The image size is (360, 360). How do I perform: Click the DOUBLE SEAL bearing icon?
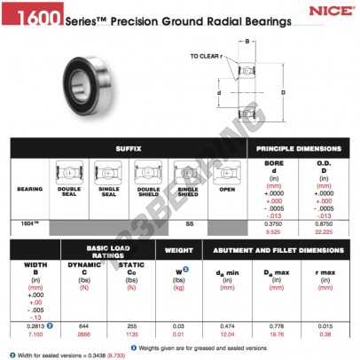click(70, 174)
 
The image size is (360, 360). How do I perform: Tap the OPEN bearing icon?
click(229, 174)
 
